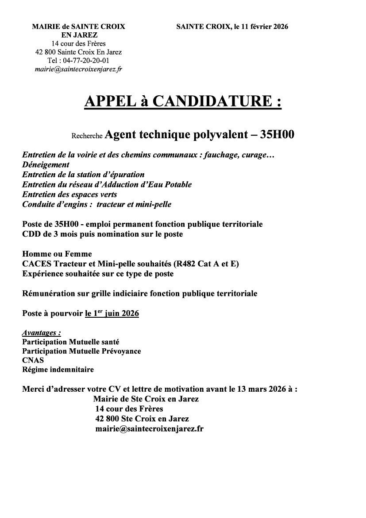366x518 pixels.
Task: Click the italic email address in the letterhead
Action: pyautogui.click(x=79, y=69)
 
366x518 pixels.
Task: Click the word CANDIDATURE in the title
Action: pyautogui.click(x=212, y=101)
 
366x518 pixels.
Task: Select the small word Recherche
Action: pyautogui.click(x=87, y=136)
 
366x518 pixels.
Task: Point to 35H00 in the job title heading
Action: pyautogui.click(x=277, y=135)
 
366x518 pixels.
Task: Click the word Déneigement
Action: pyautogui.click(x=46, y=165)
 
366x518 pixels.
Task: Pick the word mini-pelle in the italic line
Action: pyautogui.click(x=154, y=204)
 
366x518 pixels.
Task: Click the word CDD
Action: pyautogui.click(x=31, y=234)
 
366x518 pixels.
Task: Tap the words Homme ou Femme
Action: pyautogui.click(x=57, y=254)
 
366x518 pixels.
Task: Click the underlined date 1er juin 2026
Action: pyautogui.click(x=112, y=313)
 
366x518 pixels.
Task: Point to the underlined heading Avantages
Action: pyautogui.click(x=41, y=332)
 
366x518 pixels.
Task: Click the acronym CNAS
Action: pyautogui.click(x=33, y=360)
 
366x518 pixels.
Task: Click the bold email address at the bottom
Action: pyautogui.click(x=149, y=428)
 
